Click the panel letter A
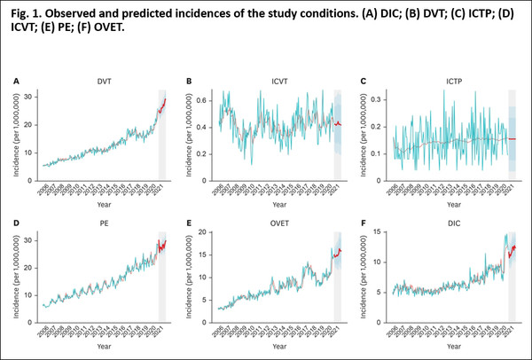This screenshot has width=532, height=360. tap(16, 81)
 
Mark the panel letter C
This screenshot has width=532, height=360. tap(364, 81)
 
